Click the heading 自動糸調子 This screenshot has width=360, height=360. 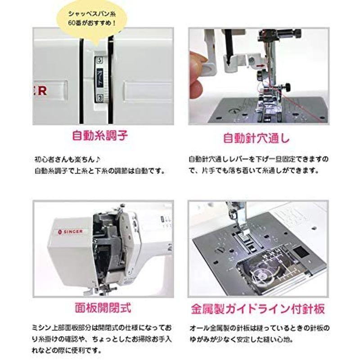coord(100,135)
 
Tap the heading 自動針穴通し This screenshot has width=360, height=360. coord(256,138)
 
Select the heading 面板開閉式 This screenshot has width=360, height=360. coord(103,308)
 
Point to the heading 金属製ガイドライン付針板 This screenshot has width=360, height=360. coord(258,309)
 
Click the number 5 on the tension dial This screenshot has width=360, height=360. coord(99,60)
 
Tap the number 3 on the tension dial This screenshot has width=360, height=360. coord(99,98)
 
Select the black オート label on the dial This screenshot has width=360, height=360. coord(100,77)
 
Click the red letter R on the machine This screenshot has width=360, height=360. coord(42,91)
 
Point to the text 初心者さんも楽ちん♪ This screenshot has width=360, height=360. coord(67,159)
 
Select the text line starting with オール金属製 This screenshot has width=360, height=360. coord(260,328)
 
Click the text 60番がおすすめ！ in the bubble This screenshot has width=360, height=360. coord(92,23)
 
